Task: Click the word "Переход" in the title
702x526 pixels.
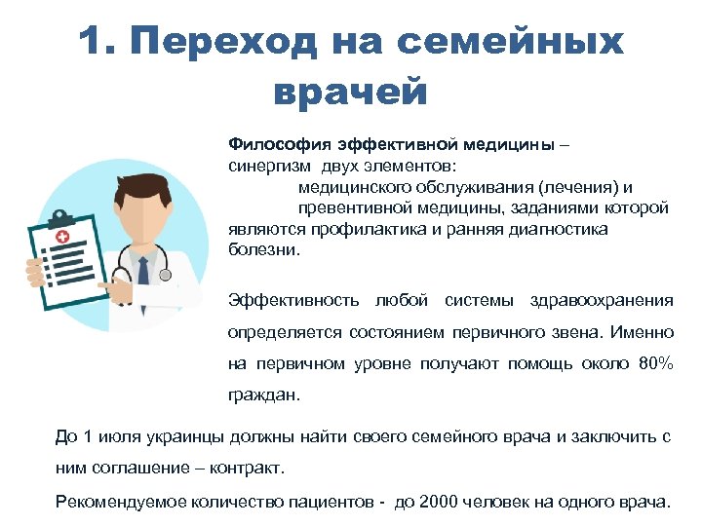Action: [x=223, y=43]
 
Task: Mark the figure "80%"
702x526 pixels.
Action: [x=654, y=364]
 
